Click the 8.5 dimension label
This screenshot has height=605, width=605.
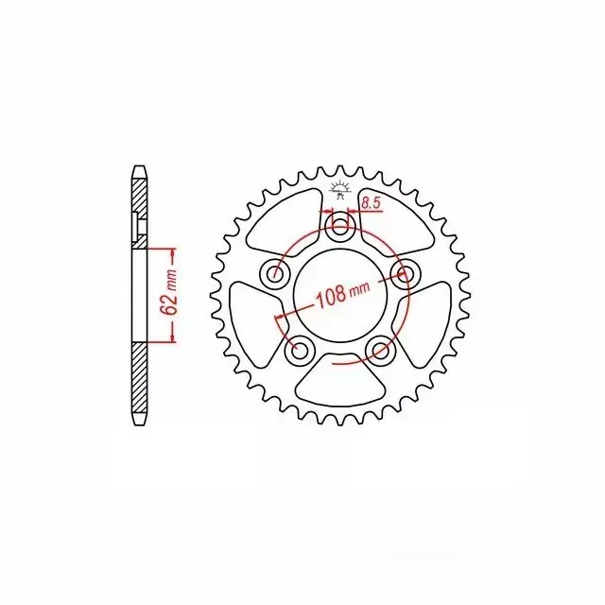click(x=372, y=203)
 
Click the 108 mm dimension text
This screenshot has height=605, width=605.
click(x=342, y=294)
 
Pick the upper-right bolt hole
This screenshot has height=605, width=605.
click(x=404, y=273)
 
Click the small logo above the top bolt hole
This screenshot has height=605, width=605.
click(x=339, y=190)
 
